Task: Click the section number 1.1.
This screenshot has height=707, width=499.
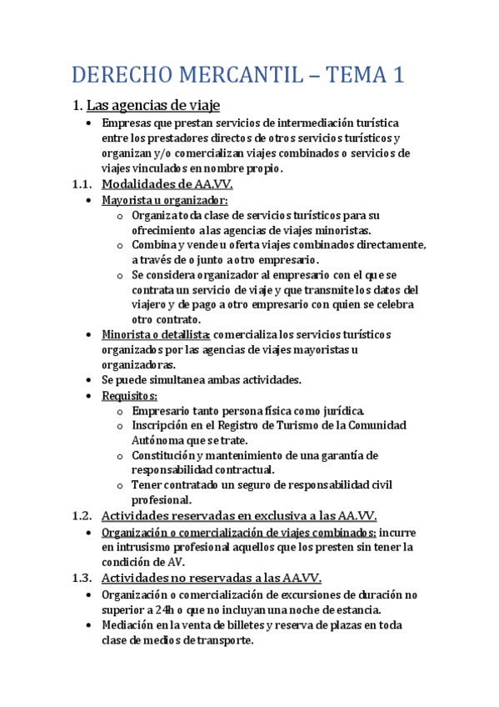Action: click(83, 184)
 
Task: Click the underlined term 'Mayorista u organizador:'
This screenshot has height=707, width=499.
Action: click(165, 201)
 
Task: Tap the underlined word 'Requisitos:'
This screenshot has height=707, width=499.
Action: click(130, 395)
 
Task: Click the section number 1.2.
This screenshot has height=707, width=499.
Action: click(83, 516)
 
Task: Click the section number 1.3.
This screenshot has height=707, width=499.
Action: click(83, 578)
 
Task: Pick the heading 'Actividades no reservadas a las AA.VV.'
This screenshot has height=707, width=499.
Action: click(211, 578)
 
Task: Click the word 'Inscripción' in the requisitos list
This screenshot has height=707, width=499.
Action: click(162, 425)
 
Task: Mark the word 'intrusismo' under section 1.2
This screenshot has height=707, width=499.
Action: click(144, 547)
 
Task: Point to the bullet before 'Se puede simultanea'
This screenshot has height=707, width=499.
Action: click(90, 380)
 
